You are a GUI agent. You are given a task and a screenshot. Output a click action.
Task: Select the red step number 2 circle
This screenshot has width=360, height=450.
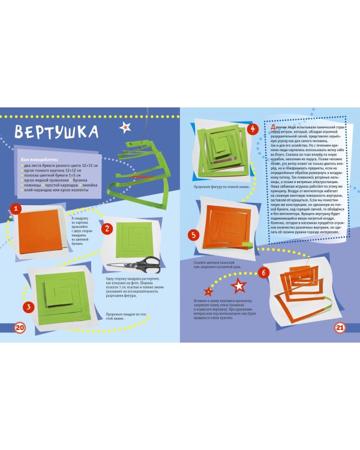click(x=107, y=229)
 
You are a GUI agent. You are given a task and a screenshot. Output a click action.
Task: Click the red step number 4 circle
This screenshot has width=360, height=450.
click(x=253, y=129)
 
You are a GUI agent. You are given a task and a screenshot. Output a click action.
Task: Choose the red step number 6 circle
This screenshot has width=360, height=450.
click(x=262, y=271)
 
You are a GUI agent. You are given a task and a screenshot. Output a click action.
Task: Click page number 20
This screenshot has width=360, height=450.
click(x=19, y=327)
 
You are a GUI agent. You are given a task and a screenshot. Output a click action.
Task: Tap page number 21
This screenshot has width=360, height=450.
click(x=339, y=328)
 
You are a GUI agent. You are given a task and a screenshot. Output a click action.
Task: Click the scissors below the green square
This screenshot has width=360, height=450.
click(x=135, y=263)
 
